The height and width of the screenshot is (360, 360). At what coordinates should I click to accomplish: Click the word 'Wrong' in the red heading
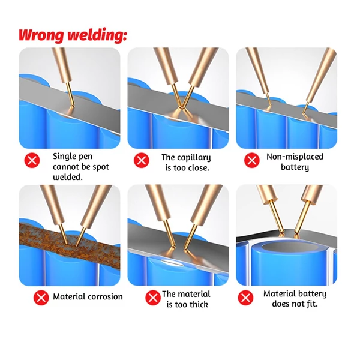coord(41,35)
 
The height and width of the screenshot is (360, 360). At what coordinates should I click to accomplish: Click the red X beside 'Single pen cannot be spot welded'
coord(32,160)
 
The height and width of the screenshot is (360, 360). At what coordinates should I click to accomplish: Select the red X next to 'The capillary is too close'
coord(141,160)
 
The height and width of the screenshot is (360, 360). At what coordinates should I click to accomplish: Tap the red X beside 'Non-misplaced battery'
coord(251,160)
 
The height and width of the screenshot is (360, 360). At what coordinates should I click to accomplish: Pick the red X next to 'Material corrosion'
coord(41,298)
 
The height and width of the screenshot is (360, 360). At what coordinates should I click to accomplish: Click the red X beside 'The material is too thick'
coord(152,298)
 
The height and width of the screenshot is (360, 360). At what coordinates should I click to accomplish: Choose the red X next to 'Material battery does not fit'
coord(245,298)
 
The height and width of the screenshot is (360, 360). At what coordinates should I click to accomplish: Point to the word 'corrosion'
coord(106,296)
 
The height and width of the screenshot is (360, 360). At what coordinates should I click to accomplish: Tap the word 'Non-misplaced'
coord(295,157)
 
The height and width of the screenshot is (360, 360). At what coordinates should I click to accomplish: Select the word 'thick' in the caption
coord(199,304)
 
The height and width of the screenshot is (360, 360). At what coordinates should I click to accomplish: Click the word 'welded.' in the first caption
coord(67,177)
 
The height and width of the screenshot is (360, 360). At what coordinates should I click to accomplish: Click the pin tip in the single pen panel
coord(73,106)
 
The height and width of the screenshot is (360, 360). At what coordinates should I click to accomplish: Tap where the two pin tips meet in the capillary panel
coord(181,107)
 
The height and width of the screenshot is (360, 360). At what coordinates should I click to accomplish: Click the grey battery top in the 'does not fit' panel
coord(290,247)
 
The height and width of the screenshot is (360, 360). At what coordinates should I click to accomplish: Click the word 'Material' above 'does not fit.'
coord(280,293)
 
